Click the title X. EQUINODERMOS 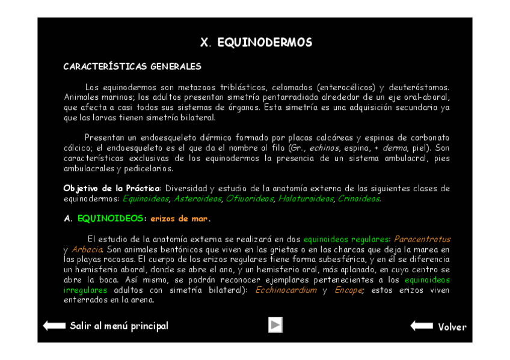(256, 43)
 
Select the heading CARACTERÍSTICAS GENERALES (132, 67)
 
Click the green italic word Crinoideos (358, 199)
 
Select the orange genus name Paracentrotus (422, 239)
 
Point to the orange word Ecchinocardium (286, 290)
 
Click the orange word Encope (348, 290)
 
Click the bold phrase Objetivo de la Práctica (112, 189)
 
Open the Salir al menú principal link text (119, 326)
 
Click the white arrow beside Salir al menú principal (54, 326)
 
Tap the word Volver (452, 327)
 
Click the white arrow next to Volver (422, 326)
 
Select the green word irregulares (85, 290)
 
